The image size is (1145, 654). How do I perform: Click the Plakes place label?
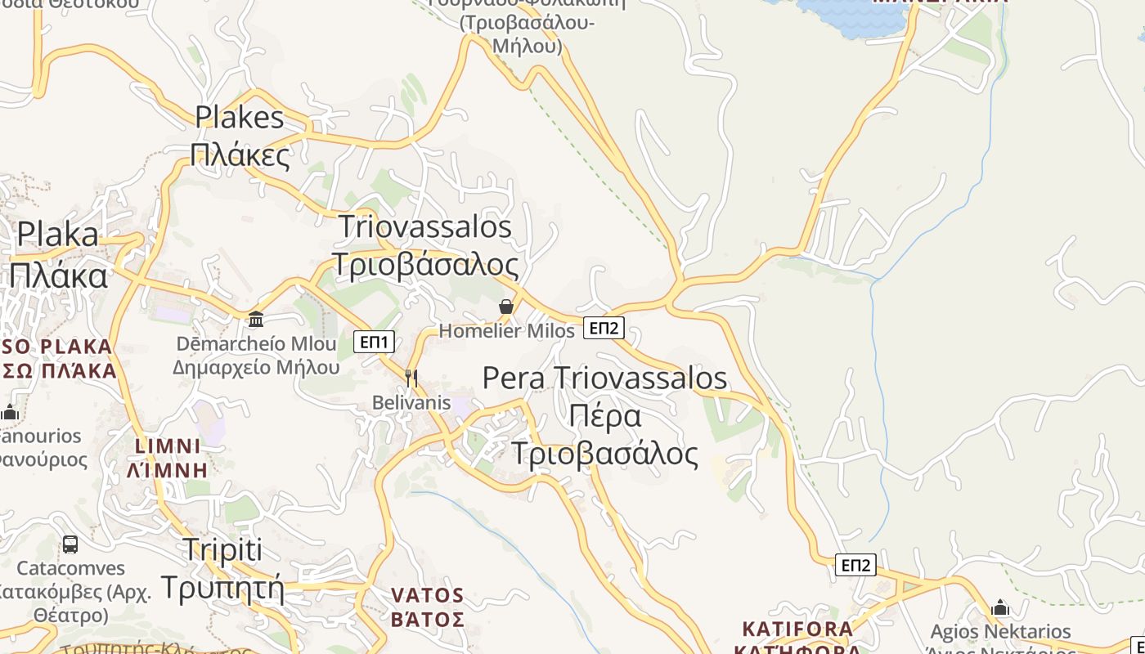pyautogui.click(x=240, y=118)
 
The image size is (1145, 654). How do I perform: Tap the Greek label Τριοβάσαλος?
pyautogui.click(x=425, y=265)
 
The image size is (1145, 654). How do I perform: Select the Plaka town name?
pyautogui.click(x=57, y=235)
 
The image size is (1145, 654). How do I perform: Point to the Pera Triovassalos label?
pyautogui.click(x=604, y=378)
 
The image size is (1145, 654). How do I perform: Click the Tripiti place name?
pyautogui.click(x=222, y=549)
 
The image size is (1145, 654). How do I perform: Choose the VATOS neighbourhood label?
pyautogui.click(x=427, y=595)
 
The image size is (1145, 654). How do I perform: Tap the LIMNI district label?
pyautogui.click(x=167, y=446)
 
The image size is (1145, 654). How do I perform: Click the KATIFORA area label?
pyautogui.click(x=797, y=629)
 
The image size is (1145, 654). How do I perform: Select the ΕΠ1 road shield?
pyautogui.click(x=375, y=342)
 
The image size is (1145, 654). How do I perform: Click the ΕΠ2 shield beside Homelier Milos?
pyautogui.click(x=604, y=328)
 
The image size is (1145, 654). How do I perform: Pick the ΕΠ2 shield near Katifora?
pyautogui.click(x=855, y=565)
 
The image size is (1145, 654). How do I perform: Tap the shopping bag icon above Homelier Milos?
pyautogui.click(x=506, y=307)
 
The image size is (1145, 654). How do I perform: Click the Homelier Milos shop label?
pyautogui.click(x=507, y=330)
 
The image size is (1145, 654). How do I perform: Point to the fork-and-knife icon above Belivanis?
pyautogui.click(x=411, y=377)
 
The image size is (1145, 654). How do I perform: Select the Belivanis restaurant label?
pyautogui.click(x=411, y=402)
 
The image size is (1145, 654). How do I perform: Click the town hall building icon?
pyautogui.click(x=256, y=319)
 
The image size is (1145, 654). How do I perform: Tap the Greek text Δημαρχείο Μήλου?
pyautogui.click(x=256, y=367)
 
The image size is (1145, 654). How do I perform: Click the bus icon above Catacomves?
pyautogui.click(x=70, y=544)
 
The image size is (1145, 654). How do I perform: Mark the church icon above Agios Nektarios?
pyautogui.click(x=1000, y=607)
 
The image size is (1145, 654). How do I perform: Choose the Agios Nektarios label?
pyautogui.click(x=1000, y=632)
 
